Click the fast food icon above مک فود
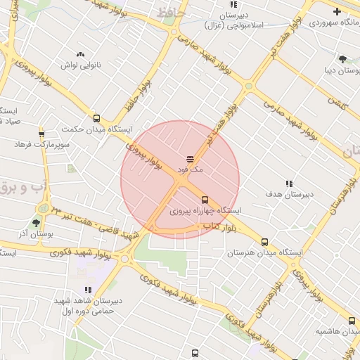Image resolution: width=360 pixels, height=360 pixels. click(191, 159)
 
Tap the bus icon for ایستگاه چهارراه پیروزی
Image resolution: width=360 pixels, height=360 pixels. click(205, 200)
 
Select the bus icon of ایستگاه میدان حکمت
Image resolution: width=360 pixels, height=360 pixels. click(96, 118)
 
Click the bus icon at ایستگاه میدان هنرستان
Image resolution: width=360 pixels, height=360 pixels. click(264, 241)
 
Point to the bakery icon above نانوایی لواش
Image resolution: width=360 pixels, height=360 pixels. click(80, 53)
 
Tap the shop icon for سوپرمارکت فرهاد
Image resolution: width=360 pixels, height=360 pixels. click(41, 133)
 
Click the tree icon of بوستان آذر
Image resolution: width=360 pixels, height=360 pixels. click(36, 223)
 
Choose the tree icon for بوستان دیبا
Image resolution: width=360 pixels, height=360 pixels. click(342, 60)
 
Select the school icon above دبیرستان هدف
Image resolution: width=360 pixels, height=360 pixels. click(289, 184)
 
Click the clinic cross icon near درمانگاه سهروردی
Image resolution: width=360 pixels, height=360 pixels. click(337, 11)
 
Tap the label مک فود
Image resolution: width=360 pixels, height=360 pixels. click(190, 169)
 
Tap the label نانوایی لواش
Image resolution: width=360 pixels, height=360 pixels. click(80, 65)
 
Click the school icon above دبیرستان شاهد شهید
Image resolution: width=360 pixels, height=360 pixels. click(88, 290)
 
